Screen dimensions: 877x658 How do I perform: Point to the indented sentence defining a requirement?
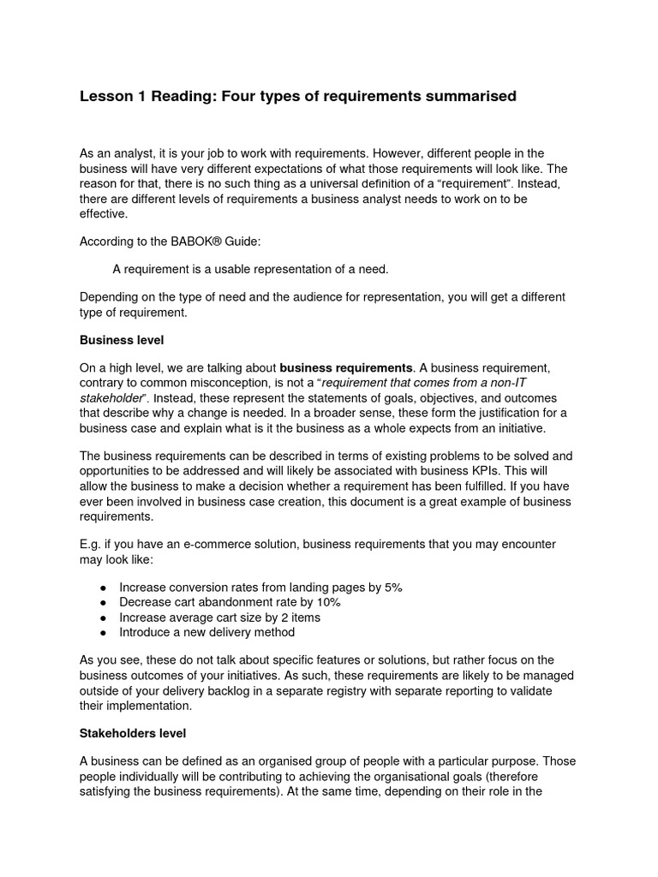click(250, 269)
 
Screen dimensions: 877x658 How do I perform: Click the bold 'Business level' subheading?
click(122, 340)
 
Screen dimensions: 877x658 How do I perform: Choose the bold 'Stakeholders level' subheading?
click(133, 733)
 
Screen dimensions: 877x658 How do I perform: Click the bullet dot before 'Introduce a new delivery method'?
click(103, 633)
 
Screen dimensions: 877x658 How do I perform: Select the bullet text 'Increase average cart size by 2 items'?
click(219, 617)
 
